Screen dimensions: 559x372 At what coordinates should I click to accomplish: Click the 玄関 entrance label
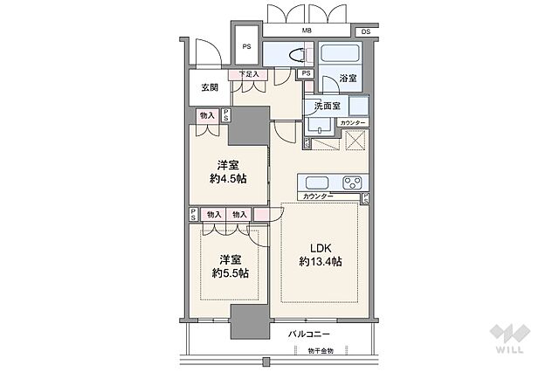click(x=210, y=87)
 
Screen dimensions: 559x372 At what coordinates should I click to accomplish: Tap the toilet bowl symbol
click(x=296, y=55)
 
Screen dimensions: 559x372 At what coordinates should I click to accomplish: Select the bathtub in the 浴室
click(x=340, y=54)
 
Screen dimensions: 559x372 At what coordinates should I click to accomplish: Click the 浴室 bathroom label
click(x=348, y=78)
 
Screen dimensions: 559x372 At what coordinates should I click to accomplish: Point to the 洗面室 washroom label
click(x=327, y=106)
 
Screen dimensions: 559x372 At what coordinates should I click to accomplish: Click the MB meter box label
click(x=307, y=31)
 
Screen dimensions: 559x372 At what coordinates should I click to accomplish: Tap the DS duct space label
click(x=366, y=31)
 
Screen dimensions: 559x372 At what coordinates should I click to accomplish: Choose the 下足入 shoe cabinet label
click(x=248, y=74)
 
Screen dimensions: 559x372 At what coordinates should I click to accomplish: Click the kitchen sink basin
click(x=316, y=183)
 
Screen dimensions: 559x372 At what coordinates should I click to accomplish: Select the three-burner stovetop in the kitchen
click(x=353, y=183)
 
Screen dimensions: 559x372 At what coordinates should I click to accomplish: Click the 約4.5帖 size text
click(x=228, y=178)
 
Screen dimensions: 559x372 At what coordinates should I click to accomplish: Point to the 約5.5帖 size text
click(x=231, y=273)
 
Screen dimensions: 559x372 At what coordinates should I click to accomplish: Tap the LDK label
click(x=321, y=248)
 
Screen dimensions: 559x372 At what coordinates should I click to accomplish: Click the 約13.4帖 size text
click(x=321, y=262)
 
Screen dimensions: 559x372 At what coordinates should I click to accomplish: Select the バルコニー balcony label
click(x=308, y=334)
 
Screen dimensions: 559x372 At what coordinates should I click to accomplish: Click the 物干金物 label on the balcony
click(x=321, y=351)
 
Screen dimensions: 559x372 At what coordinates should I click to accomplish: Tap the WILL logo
click(x=510, y=338)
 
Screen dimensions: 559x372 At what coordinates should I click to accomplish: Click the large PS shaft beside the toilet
click(x=246, y=45)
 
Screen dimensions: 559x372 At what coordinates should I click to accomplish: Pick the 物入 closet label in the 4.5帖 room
click(x=207, y=115)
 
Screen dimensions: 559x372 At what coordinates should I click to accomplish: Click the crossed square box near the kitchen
click(x=355, y=140)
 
